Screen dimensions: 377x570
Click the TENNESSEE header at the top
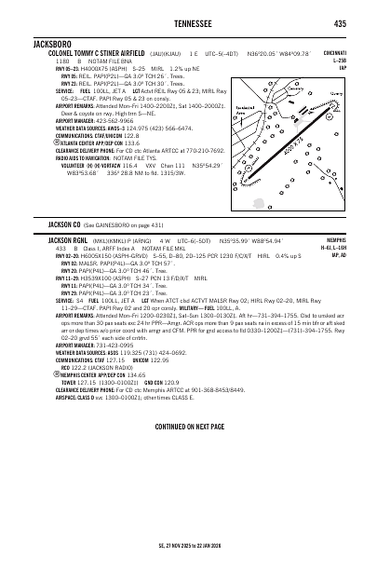tap(187, 23)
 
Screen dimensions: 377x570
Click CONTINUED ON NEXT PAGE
tap(188, 426)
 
